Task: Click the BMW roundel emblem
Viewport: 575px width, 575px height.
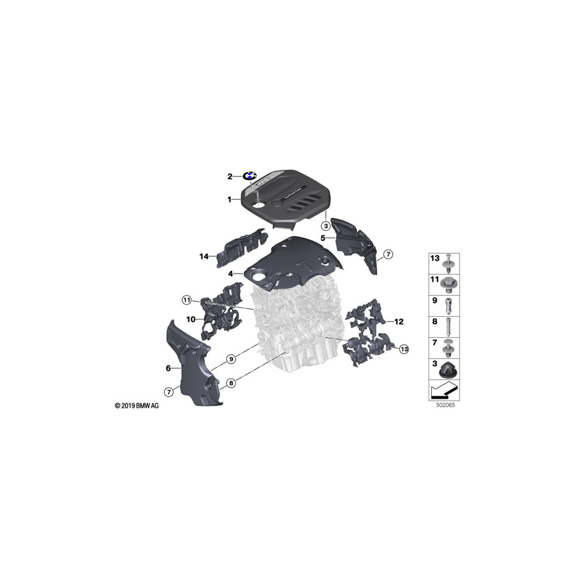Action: click(x=250, y=176)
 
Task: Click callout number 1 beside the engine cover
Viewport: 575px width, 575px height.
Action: click(x=229, y=200)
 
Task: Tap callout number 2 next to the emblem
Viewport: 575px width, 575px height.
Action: click(x=229, y=176)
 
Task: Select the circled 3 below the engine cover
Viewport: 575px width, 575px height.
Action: click(x=326, y=226)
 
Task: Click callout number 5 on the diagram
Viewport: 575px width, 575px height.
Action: click(x=323, y=238)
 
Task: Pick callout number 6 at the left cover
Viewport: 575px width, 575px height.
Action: click(x=168, y=368)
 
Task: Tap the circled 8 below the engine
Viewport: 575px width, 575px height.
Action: click(x=231, y=383)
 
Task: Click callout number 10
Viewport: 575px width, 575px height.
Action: click(x=190, y=318)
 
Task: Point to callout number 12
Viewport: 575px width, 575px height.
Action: click(x=399, y=322)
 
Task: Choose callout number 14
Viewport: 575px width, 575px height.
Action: click(x=204, y=256)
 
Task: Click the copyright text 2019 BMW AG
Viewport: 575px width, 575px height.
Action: click(x=137, y=406)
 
